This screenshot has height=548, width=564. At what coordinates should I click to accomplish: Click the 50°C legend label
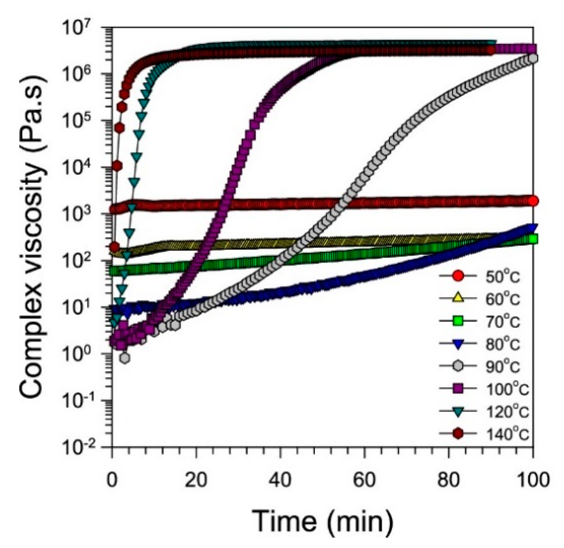[502, 277]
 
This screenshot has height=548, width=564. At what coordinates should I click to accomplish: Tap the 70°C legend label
[502, 322]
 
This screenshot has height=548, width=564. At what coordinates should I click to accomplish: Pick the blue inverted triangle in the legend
[458, 344]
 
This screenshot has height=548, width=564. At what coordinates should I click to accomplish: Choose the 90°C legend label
[502, 366]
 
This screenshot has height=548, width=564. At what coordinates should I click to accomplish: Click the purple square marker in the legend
[458, 389]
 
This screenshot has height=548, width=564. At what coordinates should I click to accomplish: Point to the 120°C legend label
[507, 411]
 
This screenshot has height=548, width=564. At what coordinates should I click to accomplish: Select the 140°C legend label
[507, 434]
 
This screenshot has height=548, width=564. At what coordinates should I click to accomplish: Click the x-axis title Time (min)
[322, 521]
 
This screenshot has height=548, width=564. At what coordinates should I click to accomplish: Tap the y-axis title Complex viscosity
[34, 238]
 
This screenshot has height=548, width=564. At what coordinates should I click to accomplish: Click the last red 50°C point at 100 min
[533, 201]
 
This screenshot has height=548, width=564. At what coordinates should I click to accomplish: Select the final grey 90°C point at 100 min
[533, 58]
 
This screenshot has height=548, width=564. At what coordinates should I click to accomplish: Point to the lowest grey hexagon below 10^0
[125, 358]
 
